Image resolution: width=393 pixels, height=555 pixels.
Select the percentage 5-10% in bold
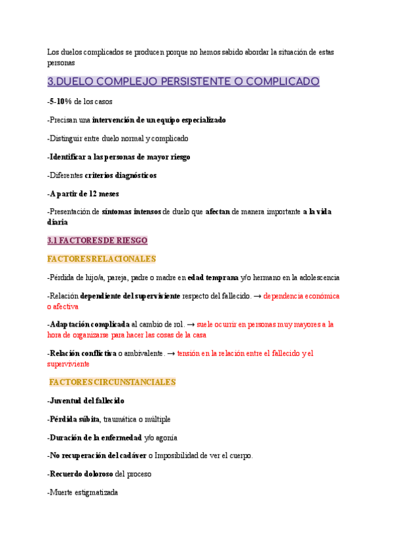pyautogui.click(x=61, y=101)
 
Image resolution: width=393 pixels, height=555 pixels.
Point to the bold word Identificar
pyautogui.click(x=70, y=157)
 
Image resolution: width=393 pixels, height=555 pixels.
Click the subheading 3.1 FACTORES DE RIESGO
pyautogui.click(x=98, y=240)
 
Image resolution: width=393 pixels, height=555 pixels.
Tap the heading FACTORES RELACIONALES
pyautogui.click(x=102, y=259)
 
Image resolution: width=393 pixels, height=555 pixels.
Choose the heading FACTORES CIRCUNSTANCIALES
pyautogui.click(x=113, y=382)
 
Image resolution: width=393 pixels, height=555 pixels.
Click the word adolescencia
pyautogui.click(x=319, y=277)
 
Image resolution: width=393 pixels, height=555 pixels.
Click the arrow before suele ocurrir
pyautogui.click(x=191, y=324)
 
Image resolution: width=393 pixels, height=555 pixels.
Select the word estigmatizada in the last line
pyautogui.click(x=94, y=492)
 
